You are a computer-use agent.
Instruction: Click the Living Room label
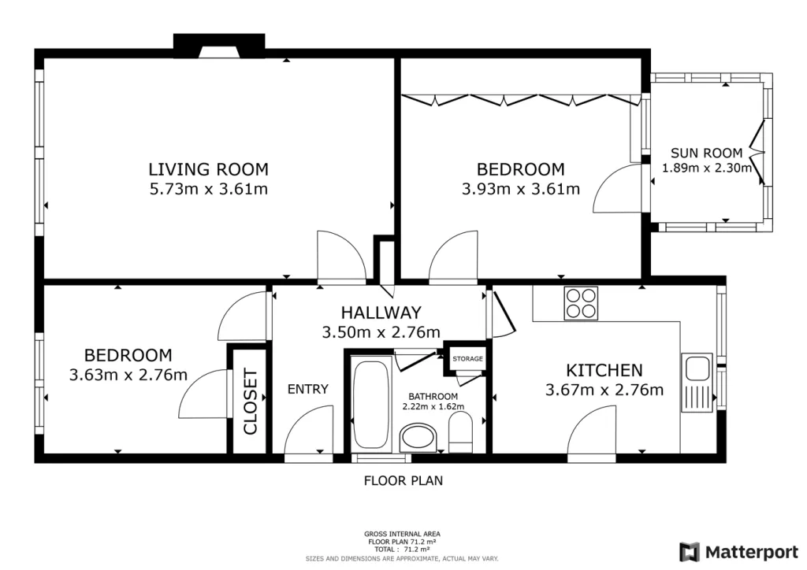point(208,169)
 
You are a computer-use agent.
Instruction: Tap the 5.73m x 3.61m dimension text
point(208,189)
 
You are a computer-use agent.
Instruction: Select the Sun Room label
point(707,153)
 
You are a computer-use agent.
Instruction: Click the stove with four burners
point(581,303)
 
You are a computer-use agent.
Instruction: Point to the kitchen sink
point(697,383)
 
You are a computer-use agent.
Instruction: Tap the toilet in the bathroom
point(460,435)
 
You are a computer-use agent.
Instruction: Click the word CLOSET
point(250,401)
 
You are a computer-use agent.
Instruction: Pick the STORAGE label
point(468,359)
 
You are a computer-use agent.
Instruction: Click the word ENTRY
point(308,389)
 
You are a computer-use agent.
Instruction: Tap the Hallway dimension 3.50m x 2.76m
point(381,332)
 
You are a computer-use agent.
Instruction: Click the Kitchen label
point(604,370)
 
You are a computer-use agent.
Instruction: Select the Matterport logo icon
point(689,552)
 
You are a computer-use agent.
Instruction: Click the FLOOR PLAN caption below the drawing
point(403,480)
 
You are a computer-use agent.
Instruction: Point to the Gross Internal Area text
point(402,534)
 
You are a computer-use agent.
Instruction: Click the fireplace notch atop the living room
point(219,46)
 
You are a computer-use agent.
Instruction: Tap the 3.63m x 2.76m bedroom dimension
point(128,375)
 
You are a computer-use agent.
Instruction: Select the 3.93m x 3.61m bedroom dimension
point(521,189)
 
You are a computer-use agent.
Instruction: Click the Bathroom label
point(433,396)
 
